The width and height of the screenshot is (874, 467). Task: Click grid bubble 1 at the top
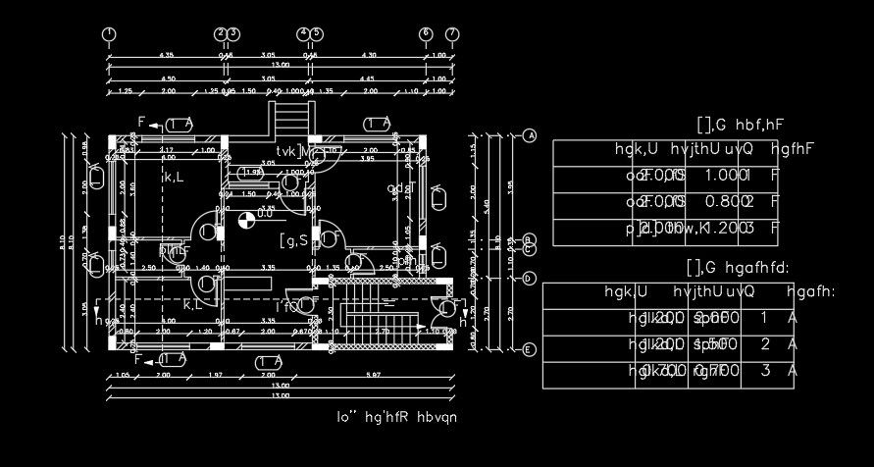(x=109, y=35)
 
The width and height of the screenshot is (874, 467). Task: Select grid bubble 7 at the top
(x=452, y=35)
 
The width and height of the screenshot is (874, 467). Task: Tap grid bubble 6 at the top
(x=426, y=35)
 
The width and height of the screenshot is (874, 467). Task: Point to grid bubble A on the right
(x=531, y=136)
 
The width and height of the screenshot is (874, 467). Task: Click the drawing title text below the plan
(x=396, y=417)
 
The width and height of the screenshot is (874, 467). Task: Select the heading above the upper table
(x=743, y=125)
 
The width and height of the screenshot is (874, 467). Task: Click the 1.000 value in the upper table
(x=722, y=175)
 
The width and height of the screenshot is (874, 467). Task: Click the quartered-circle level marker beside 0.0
(x=244, y=219)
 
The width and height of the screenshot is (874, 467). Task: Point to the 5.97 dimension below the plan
(x=373, y=375)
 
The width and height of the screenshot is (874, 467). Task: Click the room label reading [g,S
(x=293, y=240)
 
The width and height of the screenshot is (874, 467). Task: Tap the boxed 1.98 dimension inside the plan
(x=252, y=173)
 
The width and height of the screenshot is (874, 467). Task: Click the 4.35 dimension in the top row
(x=167, y=55)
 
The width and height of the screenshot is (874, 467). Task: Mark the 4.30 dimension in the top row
(x=369, y=55)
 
